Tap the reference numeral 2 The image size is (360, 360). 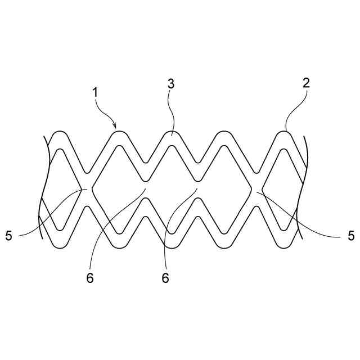click(305, 83)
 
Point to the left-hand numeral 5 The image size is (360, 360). click(8, 235)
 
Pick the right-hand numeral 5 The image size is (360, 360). click(351, 235)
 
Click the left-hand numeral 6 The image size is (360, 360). click(90, 278)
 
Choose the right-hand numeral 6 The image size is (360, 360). click(165, 278)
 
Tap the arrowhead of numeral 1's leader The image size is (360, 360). click(115, 127)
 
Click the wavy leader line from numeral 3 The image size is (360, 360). click(172, 112)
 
